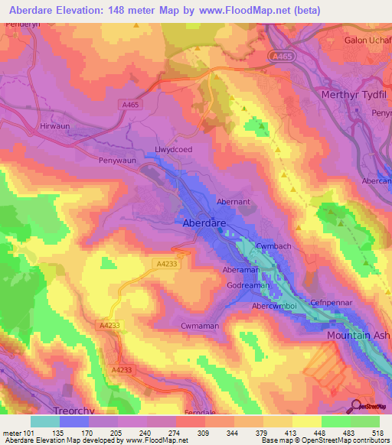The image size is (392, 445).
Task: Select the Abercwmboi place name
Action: click(278, 306)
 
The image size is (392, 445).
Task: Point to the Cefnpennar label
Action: click(331, 302)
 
